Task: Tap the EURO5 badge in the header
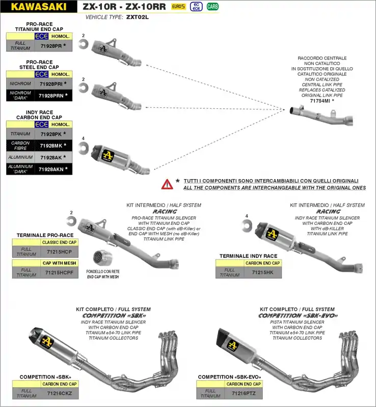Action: pyautogui.click(x=178, y=7)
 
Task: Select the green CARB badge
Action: pyautogui.click(x=212, y=7)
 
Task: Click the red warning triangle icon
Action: pyautogui.click(x=167, y=184)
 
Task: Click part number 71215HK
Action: pyautogui.click(x=262, y=273)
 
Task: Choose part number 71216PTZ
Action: pyautogui.click(x=243, y=393)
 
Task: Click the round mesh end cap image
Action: pyautogui.click(x=103, y=257)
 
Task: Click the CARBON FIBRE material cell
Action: pyautogui.click(x=20, y=146)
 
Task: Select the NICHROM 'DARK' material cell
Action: pyautogui.click(x=20, y=95)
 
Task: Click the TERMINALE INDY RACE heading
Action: pyautogui.click(x=248, y=256)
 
